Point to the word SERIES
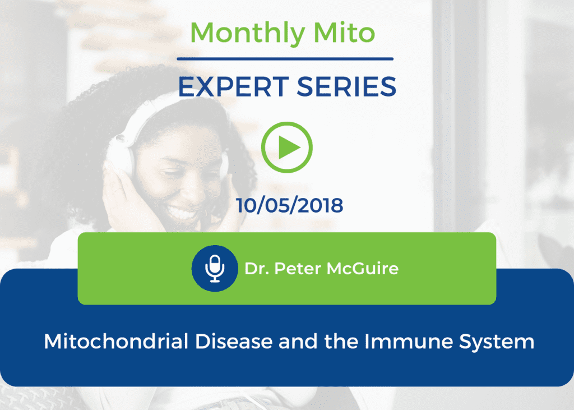(346, 87)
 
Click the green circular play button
(287, 148)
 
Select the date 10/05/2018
(289, 205)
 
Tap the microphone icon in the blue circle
(215, 269)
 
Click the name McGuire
(363, 269)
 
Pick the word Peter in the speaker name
(298, 269)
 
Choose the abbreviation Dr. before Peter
(257, 269)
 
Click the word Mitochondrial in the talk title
(116, 342)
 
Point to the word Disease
(234, 342)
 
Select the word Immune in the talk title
(409, 342)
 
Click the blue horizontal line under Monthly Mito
(285, 59)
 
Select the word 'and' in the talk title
(298, 342)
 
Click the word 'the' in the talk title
(341, 342)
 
